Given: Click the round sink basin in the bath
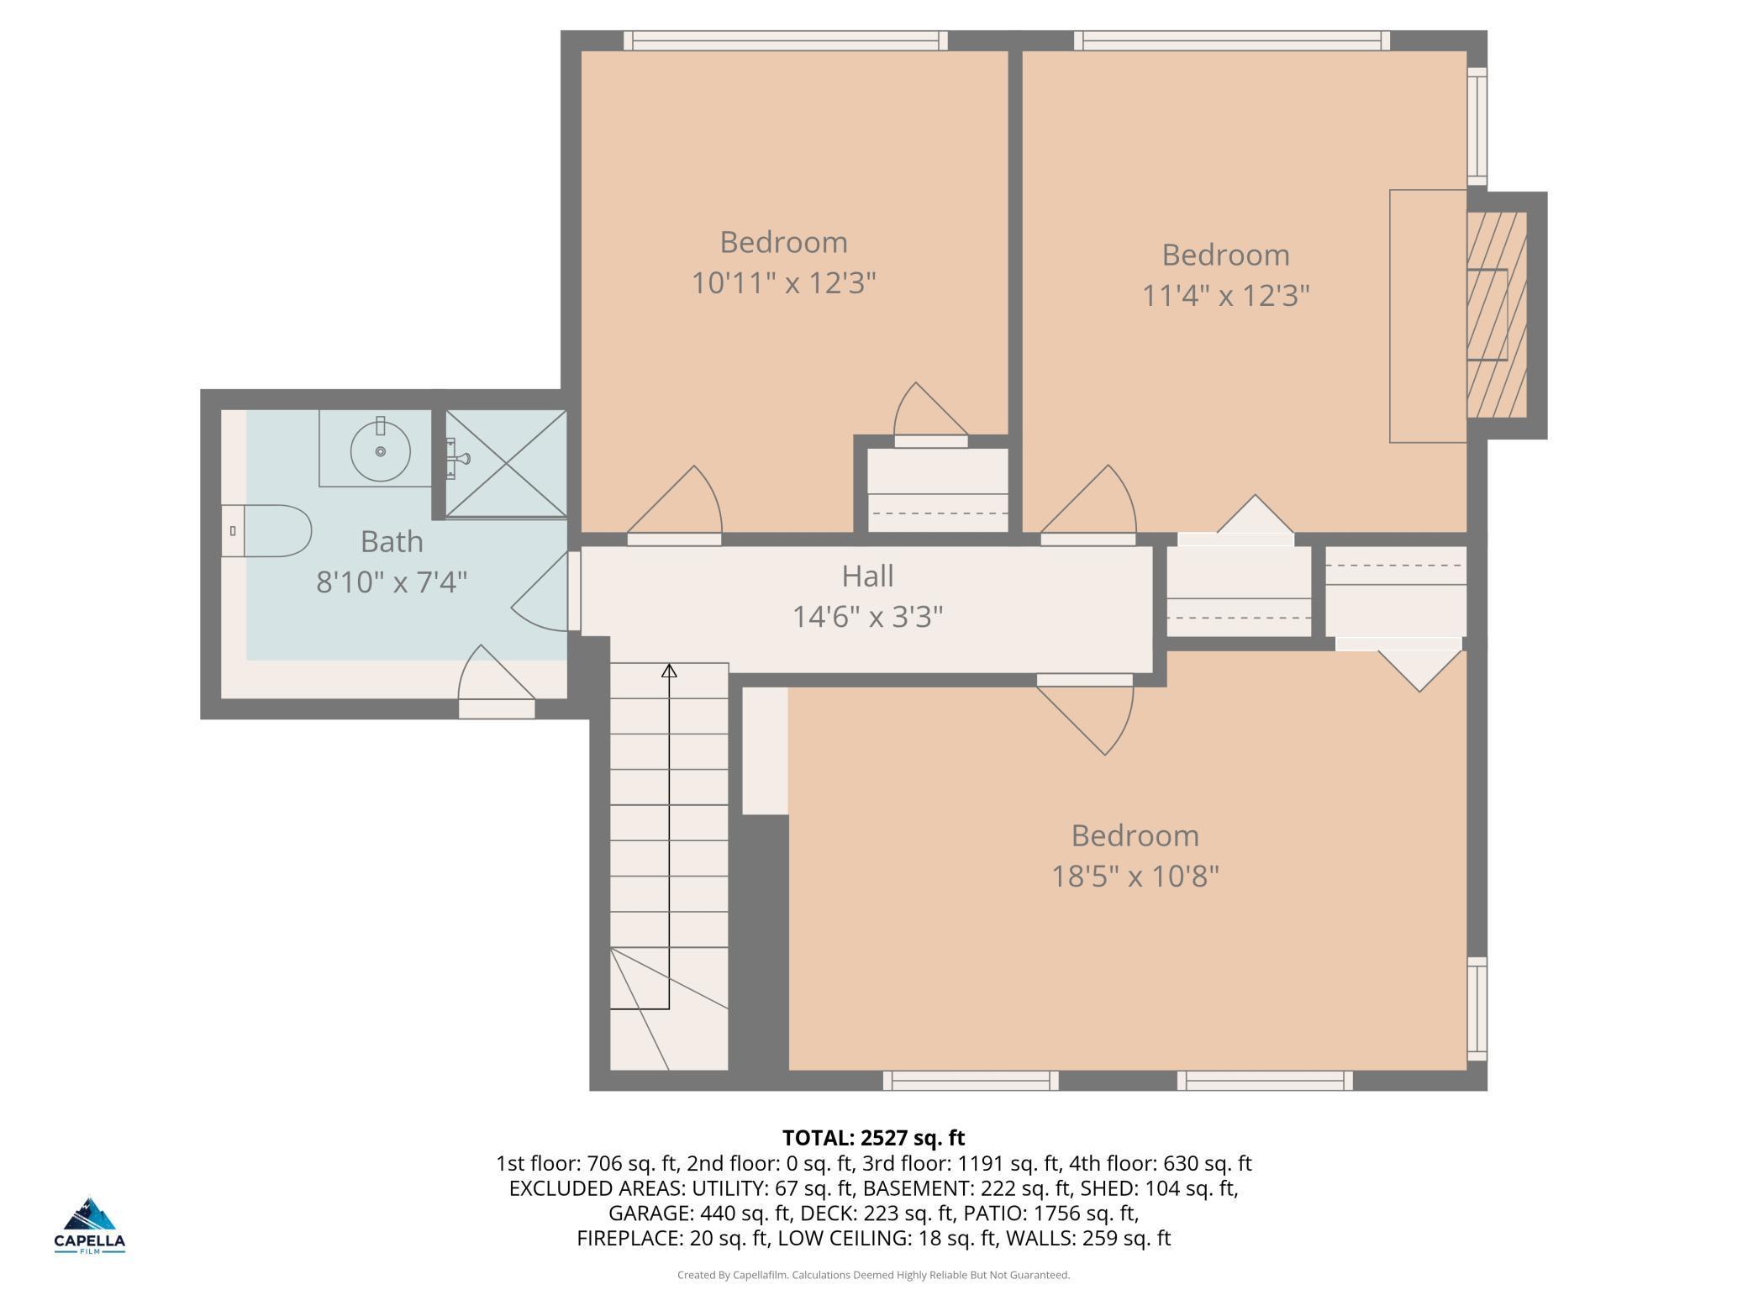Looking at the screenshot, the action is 381,451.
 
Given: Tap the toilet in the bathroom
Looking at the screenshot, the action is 266,530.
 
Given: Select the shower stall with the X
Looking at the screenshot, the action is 505,463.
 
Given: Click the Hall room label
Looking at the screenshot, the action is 867,577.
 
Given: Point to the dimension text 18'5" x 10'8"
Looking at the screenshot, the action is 1135,877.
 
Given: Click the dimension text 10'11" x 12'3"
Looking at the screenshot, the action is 783,282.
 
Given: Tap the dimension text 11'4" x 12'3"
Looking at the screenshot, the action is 1226,295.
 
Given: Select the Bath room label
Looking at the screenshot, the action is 392,541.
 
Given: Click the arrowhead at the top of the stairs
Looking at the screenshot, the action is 669,671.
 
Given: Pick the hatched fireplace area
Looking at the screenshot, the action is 1496,314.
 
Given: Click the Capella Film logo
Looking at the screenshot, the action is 90,1225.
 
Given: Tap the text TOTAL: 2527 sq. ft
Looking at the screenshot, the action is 873,1138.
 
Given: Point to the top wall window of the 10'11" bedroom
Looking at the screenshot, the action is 786,40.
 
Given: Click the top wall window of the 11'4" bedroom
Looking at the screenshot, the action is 1232,40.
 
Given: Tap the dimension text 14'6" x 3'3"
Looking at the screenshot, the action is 867,618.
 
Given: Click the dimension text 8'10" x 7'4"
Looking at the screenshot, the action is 392,582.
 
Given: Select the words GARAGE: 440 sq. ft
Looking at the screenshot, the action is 700,1214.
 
